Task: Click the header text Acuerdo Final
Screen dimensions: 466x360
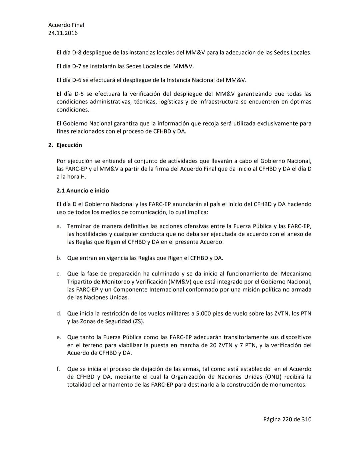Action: pos(66,25)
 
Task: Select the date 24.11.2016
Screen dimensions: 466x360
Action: pos(63,33)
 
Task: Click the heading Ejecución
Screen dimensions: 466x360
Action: pos(69,145)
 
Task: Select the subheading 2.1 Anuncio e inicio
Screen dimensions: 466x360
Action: pos(83,191)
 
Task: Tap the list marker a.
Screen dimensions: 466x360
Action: pos(59,226)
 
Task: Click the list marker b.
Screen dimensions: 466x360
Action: pos(59,258)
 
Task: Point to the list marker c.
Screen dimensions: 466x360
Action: pos(59,274)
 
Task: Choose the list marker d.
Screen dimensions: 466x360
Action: pos(59,314)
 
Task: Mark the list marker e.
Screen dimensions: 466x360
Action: pos(59,338)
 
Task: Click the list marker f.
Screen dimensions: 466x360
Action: pos(58,369)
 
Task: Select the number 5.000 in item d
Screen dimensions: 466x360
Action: pos(204,314)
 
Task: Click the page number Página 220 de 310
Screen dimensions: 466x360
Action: pos(287,420)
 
